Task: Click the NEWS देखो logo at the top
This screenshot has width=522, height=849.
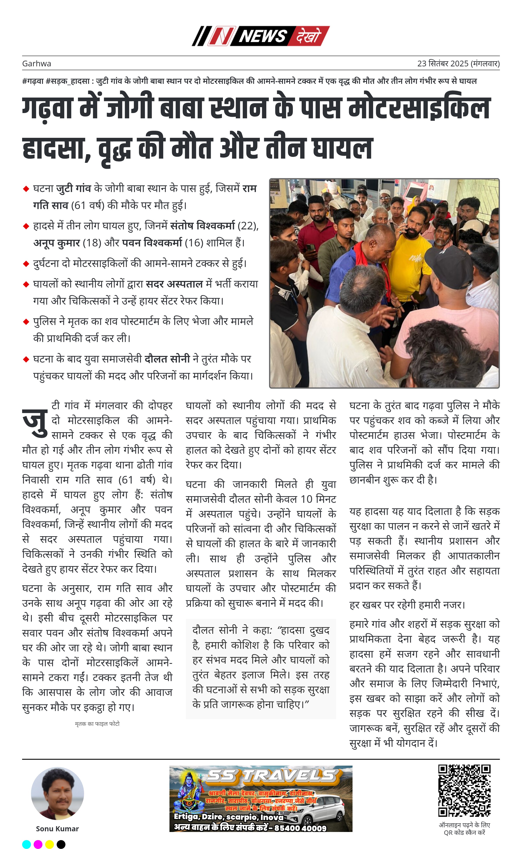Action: click(261, 36)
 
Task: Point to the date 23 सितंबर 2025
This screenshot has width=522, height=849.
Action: click(443, 63)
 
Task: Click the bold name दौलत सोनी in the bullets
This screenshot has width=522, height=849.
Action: click(167, 359)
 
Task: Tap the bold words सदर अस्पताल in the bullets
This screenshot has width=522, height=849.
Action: click(174, 284)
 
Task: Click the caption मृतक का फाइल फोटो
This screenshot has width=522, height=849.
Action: click(97, 724)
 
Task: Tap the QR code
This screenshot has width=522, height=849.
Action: click(464, 791)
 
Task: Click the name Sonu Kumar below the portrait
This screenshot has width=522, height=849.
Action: click(57, 829)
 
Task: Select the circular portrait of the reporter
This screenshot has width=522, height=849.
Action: click(57, 794)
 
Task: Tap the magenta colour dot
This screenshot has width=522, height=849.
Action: click(38, 845)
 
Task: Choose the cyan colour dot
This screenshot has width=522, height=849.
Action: click(26, 845)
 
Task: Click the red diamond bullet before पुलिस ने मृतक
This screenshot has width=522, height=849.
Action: click(26, 322)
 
